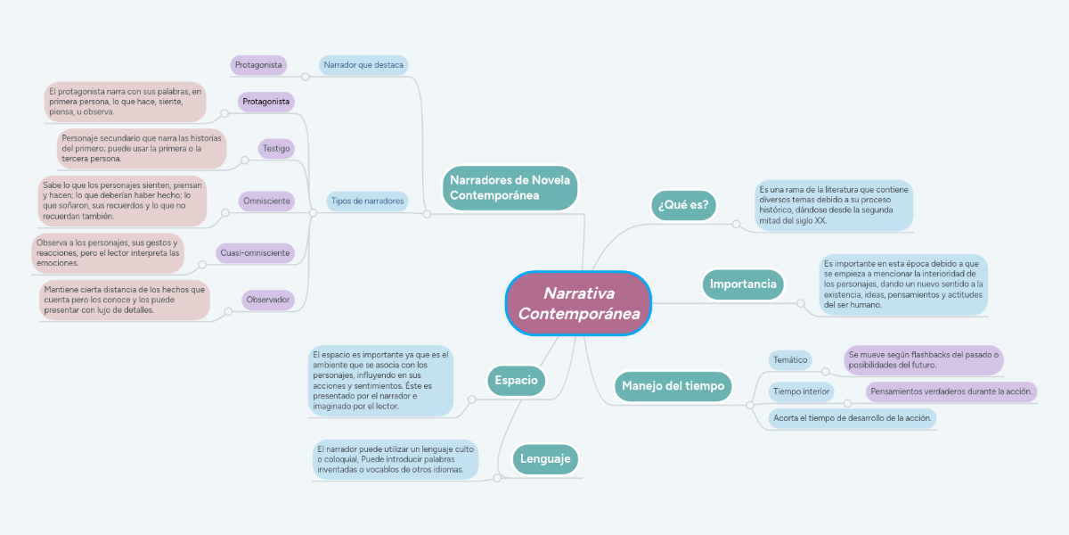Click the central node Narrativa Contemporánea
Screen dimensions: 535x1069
[x=579, y=303]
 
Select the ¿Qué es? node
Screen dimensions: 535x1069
[x=683, y=205]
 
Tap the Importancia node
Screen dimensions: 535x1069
[x=744, y=284]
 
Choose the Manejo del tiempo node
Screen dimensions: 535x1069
[x=673, y=386]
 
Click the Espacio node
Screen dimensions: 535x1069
[x=516, y=380]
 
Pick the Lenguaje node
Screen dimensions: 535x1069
[x=544, y=459]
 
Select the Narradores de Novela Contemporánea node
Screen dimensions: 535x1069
[x=510, y=187]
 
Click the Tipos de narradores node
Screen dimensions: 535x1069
[x=367, y=201]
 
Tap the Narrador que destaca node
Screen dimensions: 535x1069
[x=363, y=65]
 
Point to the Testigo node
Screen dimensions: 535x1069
[x=276, y=148]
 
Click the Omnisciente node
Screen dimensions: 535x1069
[x=266, y=201]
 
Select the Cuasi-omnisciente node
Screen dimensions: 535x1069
[x=255, y=253]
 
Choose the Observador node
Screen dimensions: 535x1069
[x=268, y=300]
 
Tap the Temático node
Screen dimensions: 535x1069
[x=790, y=360]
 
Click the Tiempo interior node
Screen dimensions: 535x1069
[x=802, y=391]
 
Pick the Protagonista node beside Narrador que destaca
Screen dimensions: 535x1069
[x=258, y=65]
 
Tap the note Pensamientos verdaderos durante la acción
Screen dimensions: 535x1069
[x=951, y=391]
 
